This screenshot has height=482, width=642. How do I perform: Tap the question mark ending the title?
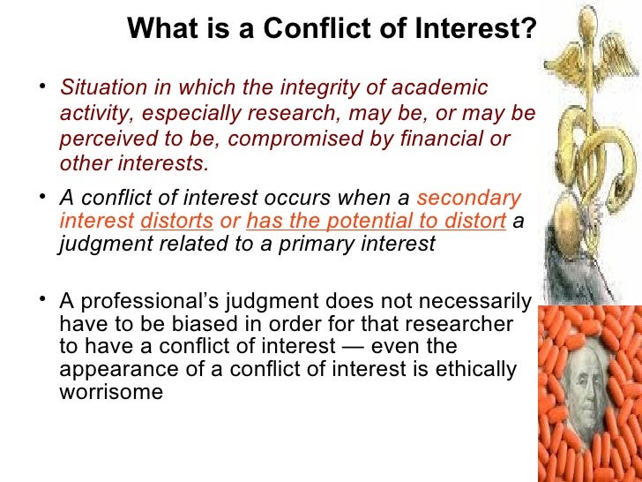pyautogui.click(x=528, y=29)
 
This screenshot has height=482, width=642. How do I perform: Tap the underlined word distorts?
pyautogui.click(x=176, y=222)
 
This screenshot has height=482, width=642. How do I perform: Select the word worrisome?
pyautogui.click(x=110, y=392)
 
